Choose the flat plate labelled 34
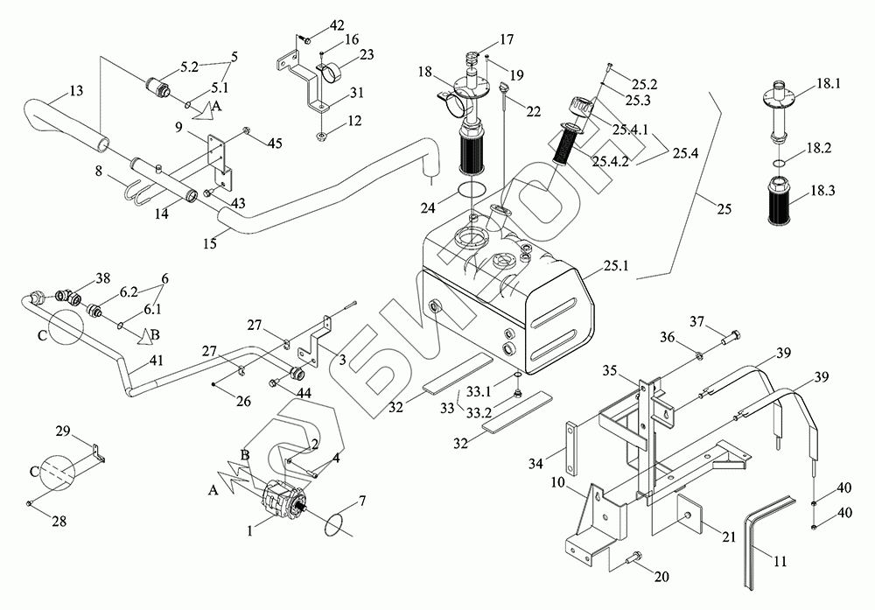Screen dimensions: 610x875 [x=573, y=446]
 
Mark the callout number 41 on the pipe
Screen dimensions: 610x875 [x=157, y=358]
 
